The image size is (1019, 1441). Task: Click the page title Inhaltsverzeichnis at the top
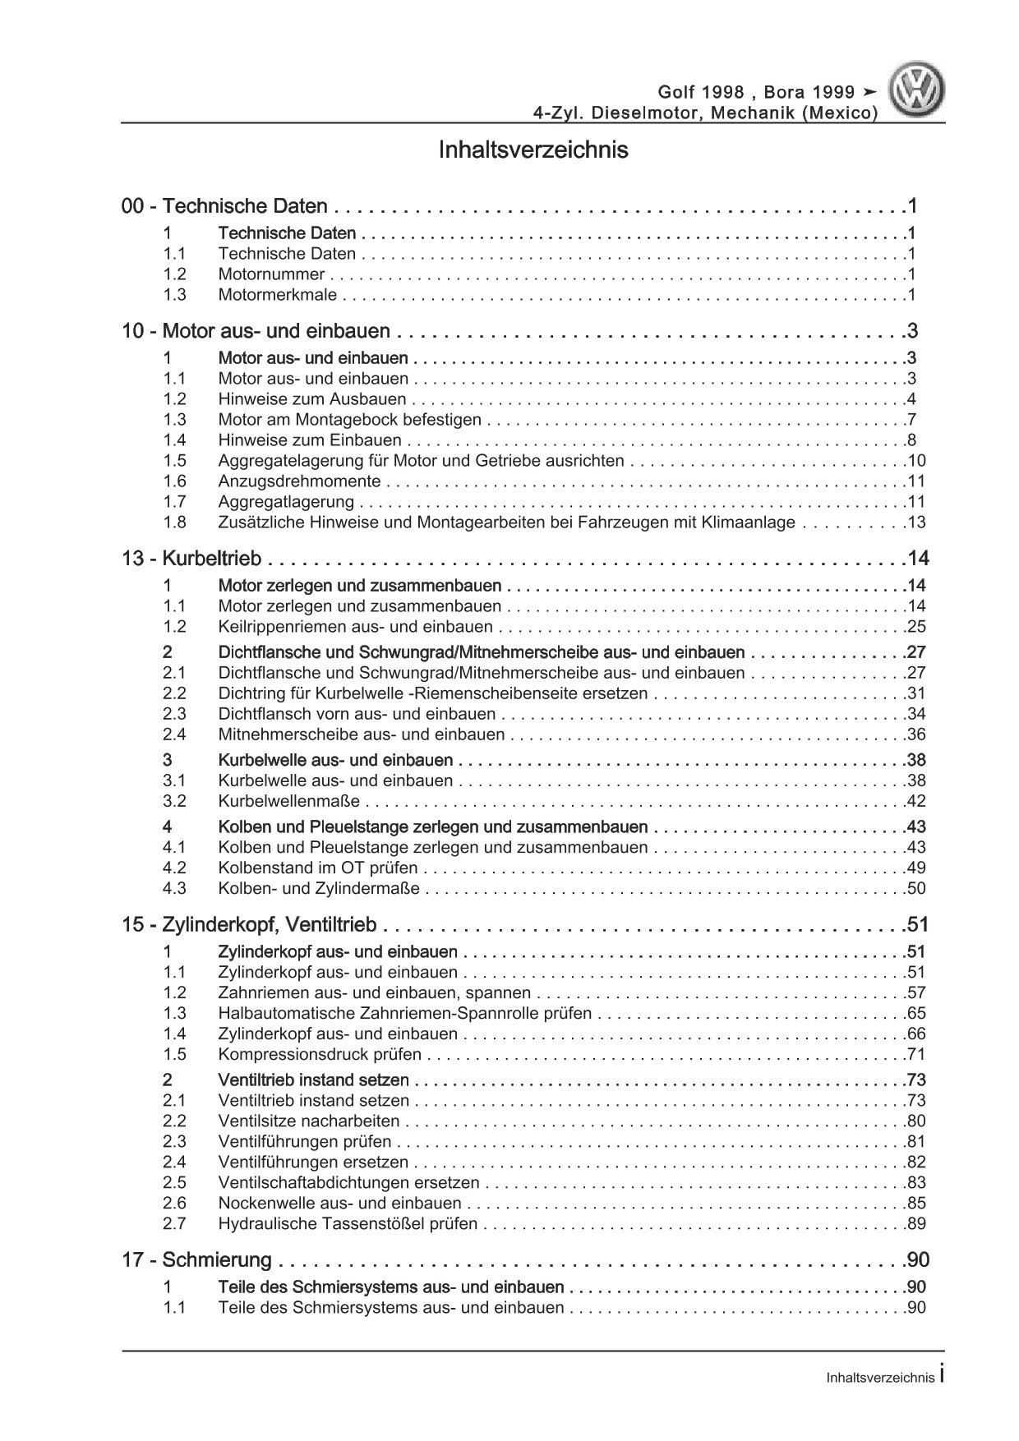coord(533,150)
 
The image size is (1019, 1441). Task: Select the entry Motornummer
coord(271,274)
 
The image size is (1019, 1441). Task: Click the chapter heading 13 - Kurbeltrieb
coord(191,559)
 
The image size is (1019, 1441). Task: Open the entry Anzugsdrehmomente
coord(299,481)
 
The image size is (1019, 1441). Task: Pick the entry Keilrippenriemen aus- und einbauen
coord(355,627)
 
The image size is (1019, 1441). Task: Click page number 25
coord(915,627)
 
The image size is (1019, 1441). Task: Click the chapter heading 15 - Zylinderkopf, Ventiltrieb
coord(249,925)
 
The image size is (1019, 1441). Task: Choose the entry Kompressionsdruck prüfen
coord(320,1054)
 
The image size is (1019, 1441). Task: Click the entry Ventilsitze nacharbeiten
coord(309,1121)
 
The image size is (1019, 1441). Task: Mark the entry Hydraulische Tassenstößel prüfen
coord(348,1223)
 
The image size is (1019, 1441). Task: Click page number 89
coord(915,1223)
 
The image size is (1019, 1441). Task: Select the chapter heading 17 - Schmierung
coord(196,1259)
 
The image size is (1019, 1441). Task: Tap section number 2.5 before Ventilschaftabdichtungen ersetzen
coord(174,1182)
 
